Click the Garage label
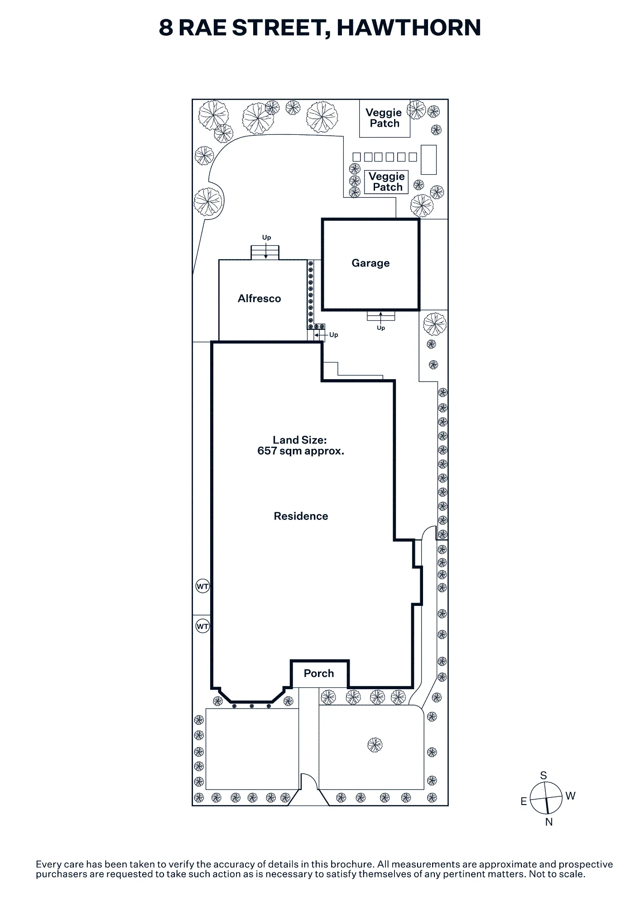click(371, 263)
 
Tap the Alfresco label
click(260, 298)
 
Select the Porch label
click(319, 673)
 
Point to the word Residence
click(301, 516)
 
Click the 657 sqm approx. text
click(301, 451)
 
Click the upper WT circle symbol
click(202, 586)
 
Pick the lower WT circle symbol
click(202, 626)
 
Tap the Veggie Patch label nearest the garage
click(387, 182)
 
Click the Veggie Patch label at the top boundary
click(384, 118)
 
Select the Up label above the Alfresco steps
click(266, 238)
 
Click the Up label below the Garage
click(381, 328)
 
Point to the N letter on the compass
click(549, 822)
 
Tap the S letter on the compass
click(544, 776)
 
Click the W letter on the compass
click(571, 796)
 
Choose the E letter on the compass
click(524, 801)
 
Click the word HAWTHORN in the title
click(409, 28)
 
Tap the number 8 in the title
click(166, 28)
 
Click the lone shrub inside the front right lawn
click(375, 744)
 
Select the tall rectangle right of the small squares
click(428, 160)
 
